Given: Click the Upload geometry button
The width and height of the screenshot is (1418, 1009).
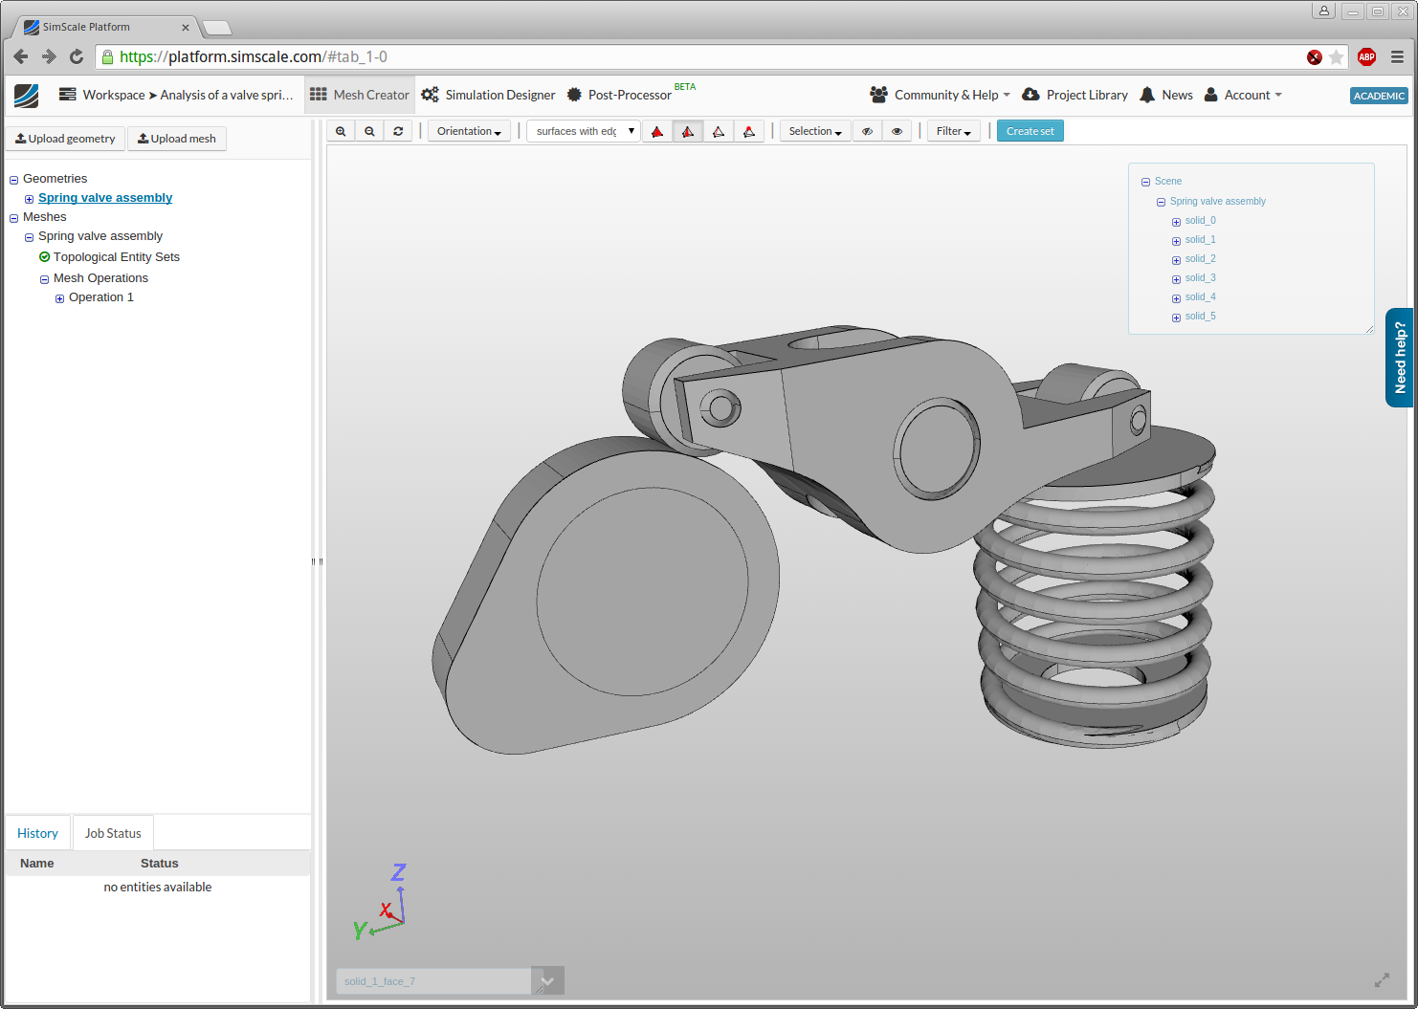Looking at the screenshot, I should [65, 139].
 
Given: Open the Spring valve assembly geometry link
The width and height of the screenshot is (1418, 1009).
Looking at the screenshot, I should [105, 198].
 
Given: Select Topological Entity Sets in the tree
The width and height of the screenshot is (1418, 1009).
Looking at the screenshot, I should [116, 257].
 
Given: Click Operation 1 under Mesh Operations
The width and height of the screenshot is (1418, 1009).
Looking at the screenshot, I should [100, 297].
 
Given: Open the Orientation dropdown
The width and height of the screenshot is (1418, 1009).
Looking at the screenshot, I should [469, 131].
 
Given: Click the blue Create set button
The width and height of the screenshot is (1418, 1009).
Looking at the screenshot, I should [1030, 131].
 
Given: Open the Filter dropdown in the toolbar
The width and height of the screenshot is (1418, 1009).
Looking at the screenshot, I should [953, 131].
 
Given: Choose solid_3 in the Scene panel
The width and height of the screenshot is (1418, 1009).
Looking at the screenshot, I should [1200, 278].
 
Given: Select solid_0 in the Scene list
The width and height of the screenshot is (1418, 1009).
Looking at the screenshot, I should [1200, 221].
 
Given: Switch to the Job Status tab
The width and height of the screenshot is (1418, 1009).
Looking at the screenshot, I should [113, 833].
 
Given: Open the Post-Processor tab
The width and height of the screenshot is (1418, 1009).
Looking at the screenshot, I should [629, 95].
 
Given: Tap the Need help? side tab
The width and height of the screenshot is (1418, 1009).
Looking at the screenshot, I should [1400, 358].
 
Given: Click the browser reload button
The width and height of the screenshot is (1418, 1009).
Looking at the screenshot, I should [77, 57].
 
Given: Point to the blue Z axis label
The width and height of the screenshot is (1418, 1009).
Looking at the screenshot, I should [398, 872].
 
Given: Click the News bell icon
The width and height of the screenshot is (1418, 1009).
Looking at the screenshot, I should [1147, 95].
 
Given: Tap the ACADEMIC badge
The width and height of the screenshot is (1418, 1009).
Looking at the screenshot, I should [1378, 96].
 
